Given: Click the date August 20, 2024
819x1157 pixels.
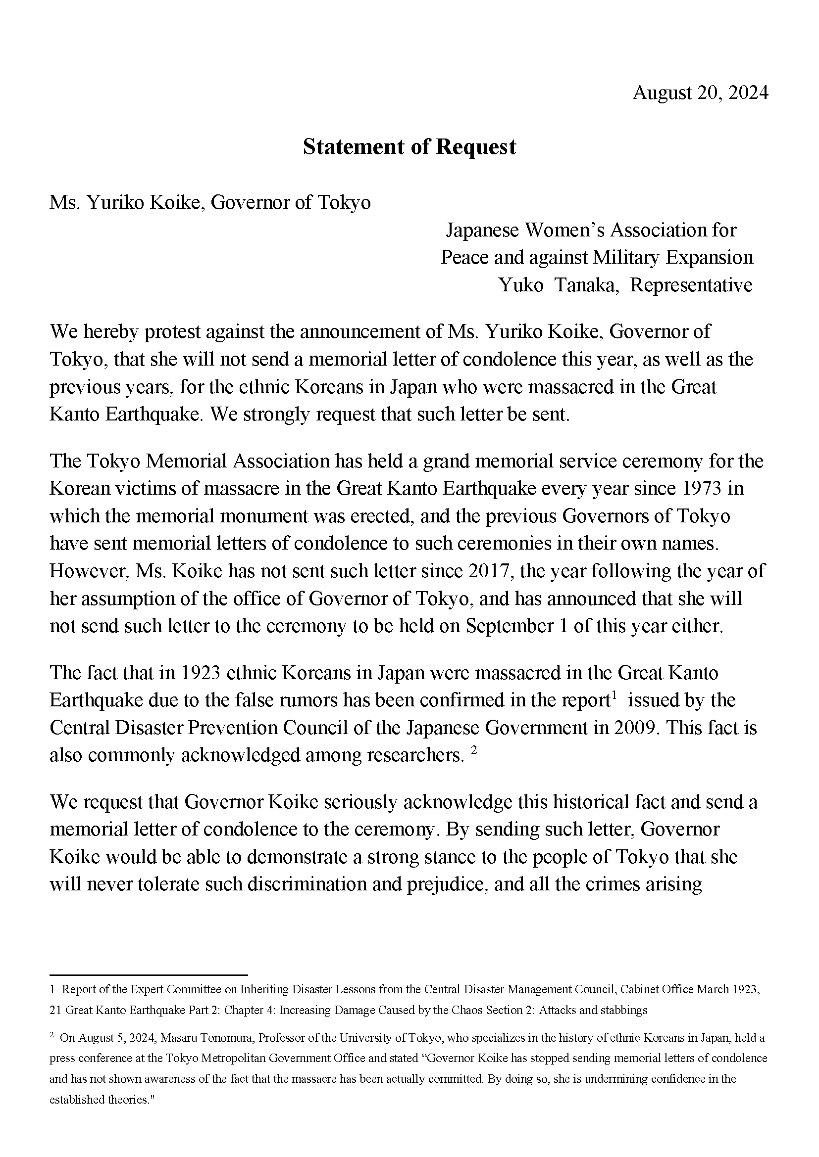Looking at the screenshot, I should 700,93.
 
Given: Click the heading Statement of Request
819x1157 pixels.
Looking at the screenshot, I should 409,146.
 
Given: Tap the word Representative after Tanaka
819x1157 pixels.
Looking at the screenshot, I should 691,285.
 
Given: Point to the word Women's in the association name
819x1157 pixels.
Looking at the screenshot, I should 564,231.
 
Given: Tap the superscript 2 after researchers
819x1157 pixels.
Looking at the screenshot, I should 473,751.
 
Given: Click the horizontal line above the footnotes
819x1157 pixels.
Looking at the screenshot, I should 149,975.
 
